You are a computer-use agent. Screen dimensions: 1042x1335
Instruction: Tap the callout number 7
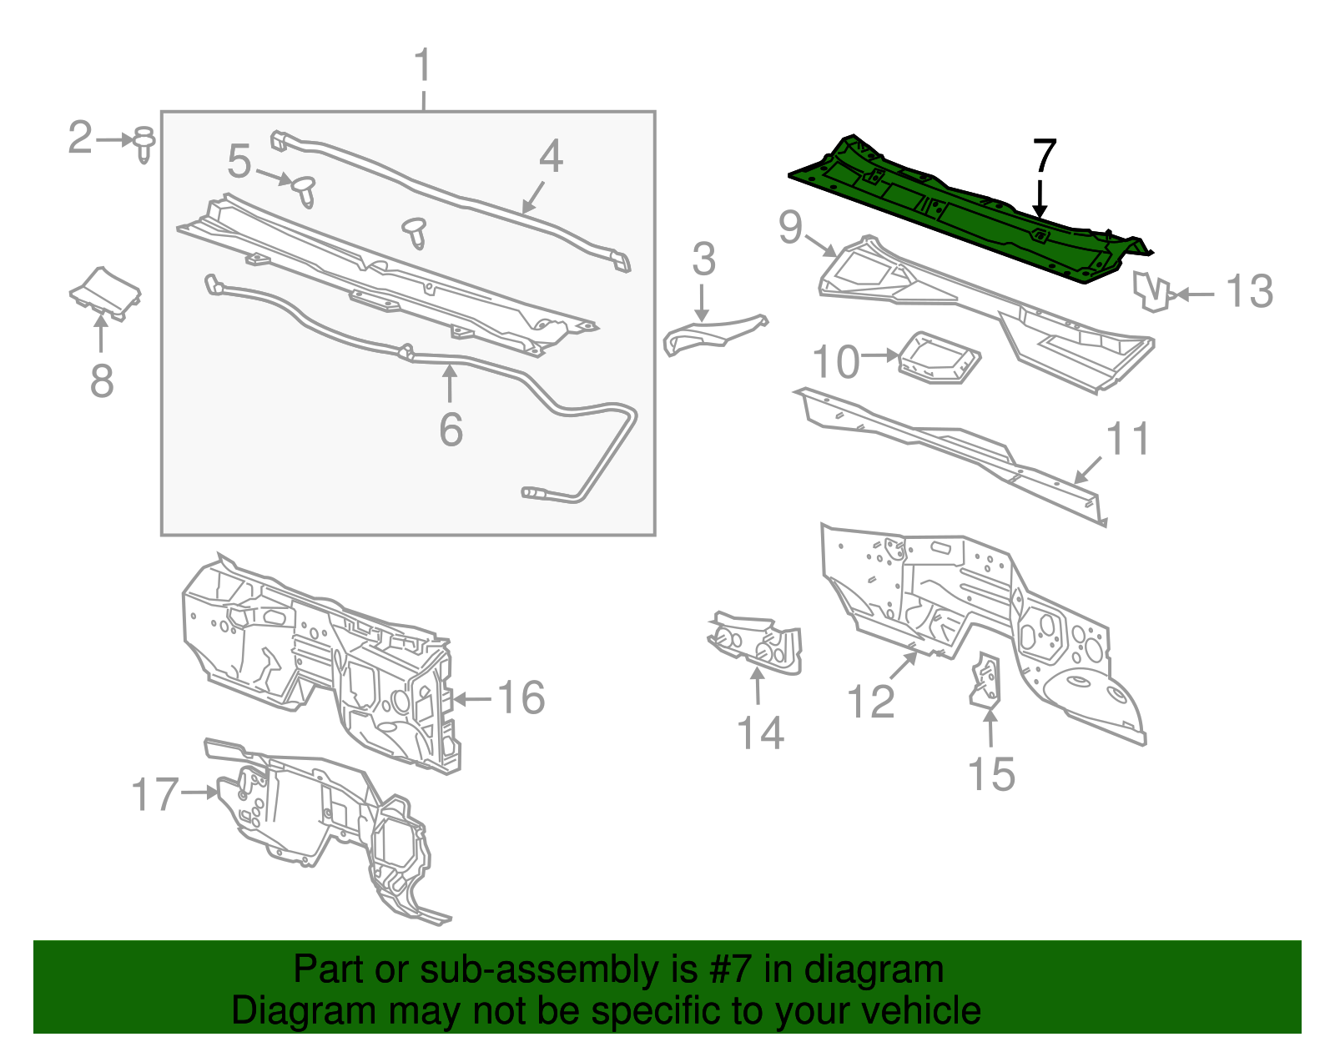click(x=1045, y=156)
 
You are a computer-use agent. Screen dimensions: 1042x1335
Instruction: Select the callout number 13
click(x=1249, y=292)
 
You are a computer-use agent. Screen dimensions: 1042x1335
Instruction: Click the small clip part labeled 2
click(x=144, y=144)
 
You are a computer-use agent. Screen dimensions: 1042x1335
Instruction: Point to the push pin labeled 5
click(x=305, y=190)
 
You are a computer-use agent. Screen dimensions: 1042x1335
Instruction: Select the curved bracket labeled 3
click(x=713, y=333)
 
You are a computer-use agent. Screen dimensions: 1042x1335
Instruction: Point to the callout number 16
click(x=521, y=697)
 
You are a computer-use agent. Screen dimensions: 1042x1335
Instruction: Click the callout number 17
click(x=155, y=794)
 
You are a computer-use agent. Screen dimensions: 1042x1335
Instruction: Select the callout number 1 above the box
click(x=423, y=65)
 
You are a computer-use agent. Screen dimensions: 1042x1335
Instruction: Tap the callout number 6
click(x=451, y=430)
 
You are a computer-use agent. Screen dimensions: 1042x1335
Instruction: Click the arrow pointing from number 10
click(x=880, y=355)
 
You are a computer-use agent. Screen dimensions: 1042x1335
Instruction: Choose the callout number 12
click(x=870, y=701)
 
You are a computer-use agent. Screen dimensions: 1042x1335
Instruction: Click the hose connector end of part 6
click(x=532, y=494)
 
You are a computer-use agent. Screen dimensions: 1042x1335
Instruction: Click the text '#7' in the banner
click(x=731, y=969)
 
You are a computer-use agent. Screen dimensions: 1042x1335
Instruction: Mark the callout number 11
click(x=1127, y=439)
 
